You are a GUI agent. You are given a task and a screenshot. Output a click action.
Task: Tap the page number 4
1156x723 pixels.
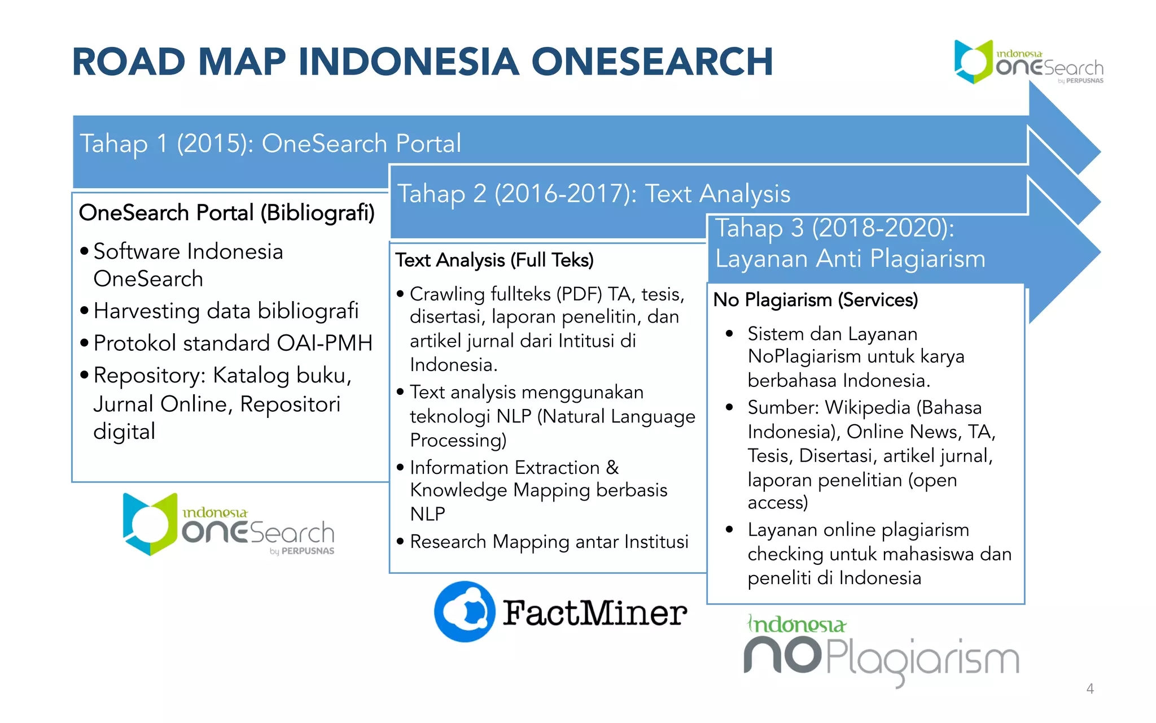pos(1090,689)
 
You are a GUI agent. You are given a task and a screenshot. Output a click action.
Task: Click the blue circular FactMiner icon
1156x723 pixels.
pos(465,612)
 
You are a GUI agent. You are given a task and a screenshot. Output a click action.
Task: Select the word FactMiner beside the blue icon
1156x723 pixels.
pos(595,613)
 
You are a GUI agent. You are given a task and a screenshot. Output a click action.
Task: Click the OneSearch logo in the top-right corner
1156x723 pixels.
pos(1028,63)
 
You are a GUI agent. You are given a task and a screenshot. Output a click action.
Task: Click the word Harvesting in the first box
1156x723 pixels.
pos(147,311)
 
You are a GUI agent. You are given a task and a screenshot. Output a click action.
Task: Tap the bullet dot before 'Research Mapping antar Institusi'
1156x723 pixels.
pos(400,542)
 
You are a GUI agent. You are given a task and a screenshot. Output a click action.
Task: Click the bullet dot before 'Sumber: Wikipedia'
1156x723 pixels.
pos(729,407)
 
